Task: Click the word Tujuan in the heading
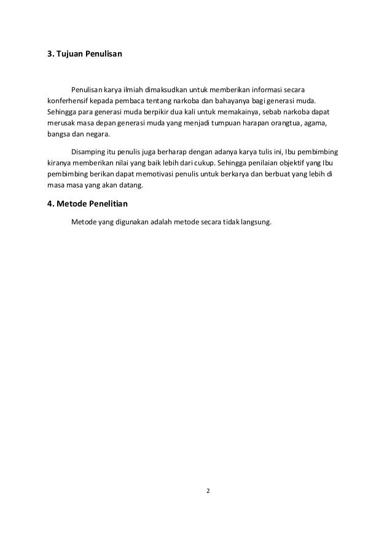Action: click(x=71, y=55)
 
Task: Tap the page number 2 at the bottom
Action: click(x=208, y=490)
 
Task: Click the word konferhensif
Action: click(x=69, y=100)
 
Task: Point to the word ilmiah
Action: click(x=134, y=89)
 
